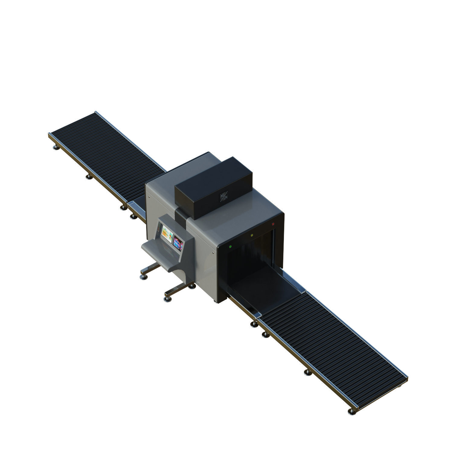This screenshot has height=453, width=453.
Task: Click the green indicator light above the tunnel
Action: coord(230,246)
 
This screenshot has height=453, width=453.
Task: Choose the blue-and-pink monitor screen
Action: coord(178,243)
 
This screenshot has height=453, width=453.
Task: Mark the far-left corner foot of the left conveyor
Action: coord(56,147)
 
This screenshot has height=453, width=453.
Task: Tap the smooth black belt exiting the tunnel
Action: coord(263,287)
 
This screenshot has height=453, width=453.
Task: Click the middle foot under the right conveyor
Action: coord(307,372)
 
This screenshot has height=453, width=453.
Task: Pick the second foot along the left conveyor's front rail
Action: coord(89,177)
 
